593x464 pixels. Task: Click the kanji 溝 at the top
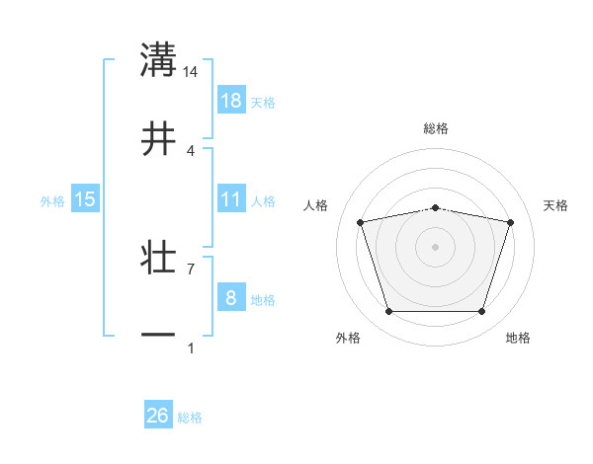tap(158, 59)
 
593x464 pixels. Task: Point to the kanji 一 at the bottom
tap(158, 335)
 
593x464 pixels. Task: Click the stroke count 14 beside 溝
tap(191, 71)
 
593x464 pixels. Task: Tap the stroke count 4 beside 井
tap(191, 150)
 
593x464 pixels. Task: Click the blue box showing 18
tap(230, 101)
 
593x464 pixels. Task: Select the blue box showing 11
tap(230, 199)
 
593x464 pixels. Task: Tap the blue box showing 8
tap(230, 298)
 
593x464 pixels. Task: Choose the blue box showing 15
tap(85, 199)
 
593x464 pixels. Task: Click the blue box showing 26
tap(157, 416)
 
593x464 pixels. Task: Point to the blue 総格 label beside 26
tap(190, 418)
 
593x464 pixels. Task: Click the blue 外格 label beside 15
tap(52, 200)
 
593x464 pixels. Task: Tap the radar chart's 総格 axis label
tap(436, 128)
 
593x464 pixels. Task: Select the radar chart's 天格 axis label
tap(556, 205)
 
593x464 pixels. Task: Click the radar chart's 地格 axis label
tap(518, 338)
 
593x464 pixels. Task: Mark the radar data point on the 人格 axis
tap(361, 222)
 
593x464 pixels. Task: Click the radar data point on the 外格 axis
tap(389, 312)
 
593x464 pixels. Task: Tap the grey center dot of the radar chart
tap(436, 246)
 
